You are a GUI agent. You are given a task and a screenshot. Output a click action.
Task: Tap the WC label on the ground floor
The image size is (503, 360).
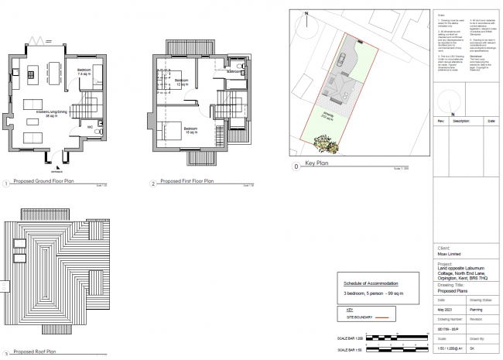click(91, 125)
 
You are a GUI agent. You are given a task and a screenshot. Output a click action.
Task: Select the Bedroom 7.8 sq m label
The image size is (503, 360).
click(87, 73)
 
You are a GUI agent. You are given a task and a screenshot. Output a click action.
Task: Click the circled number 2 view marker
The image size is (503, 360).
click(154, 183)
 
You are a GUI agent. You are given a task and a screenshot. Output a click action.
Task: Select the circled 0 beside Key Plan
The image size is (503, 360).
click(295, 166)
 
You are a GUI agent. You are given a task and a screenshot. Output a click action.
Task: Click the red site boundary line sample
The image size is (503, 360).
click(385, 317)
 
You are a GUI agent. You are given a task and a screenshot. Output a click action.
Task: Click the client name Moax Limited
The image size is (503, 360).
click(448, 254)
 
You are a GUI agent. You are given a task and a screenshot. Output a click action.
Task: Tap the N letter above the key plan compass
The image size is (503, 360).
click(306, 14)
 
